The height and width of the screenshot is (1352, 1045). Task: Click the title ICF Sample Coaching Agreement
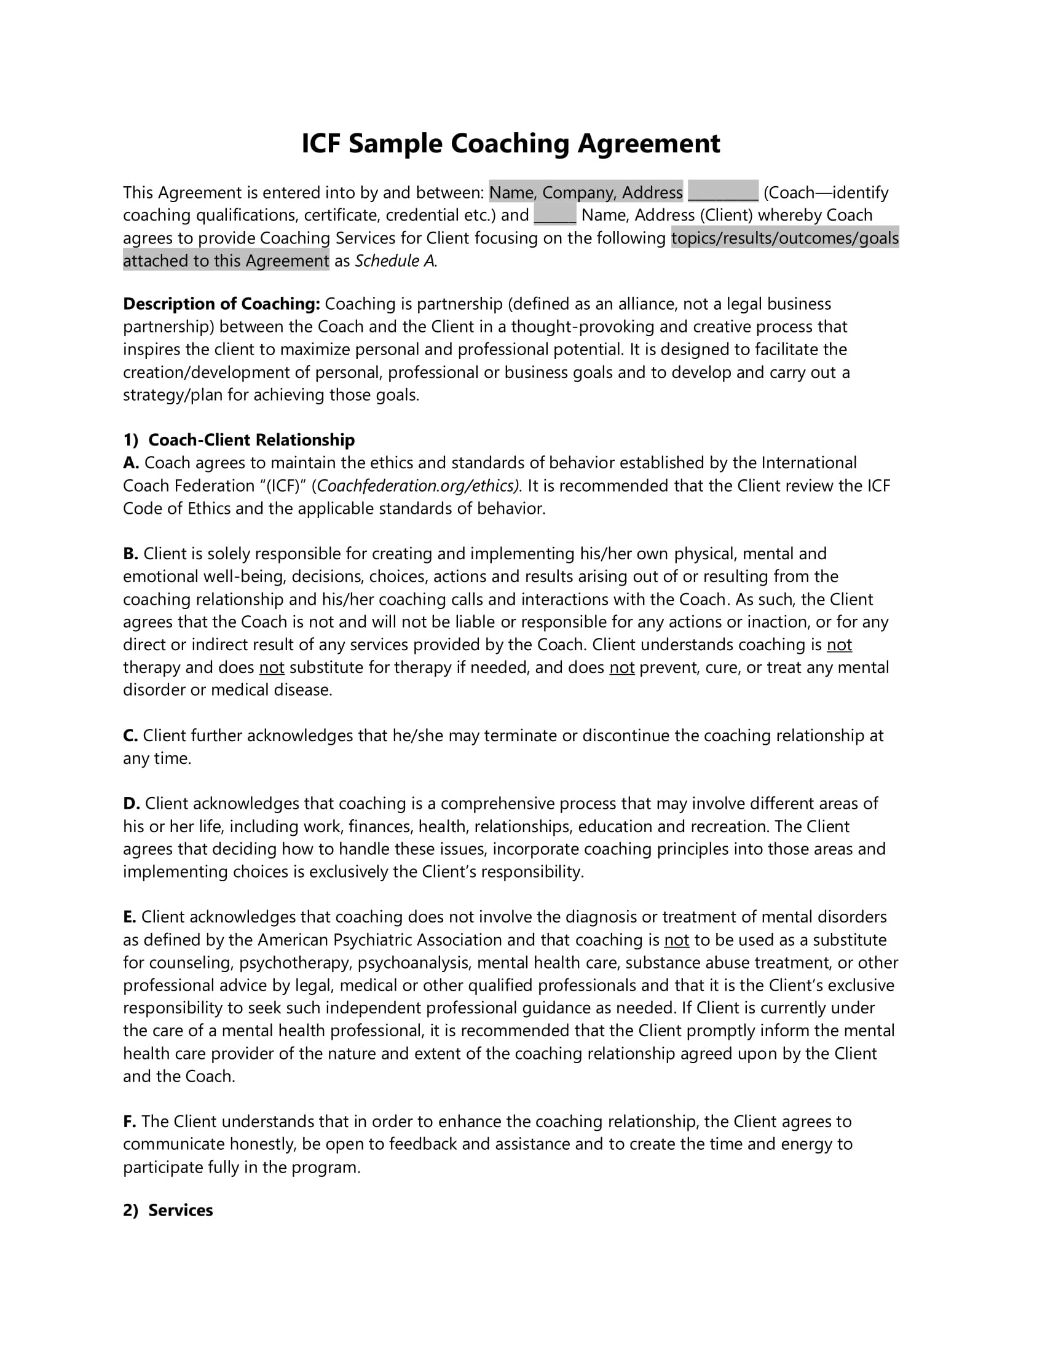point(510,144)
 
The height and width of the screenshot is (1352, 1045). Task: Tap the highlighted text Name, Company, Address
point(585,192)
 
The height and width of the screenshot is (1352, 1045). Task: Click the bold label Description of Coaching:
point(221,304)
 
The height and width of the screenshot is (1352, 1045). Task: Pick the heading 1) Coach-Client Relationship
point(239,440)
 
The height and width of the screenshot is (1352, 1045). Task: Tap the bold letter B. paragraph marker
point(130,554)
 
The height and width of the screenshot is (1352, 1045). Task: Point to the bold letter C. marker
point(130,736)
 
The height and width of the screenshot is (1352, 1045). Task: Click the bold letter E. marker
point(129,918)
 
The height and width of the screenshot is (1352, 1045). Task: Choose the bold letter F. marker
point(129,1122)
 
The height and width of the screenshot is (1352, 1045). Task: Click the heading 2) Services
point(168,1210)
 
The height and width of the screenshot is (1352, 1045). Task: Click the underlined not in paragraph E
point(676,940)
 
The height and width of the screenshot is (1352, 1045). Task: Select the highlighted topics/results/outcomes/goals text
point(784,238)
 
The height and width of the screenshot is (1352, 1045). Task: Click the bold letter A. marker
point(130,463)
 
